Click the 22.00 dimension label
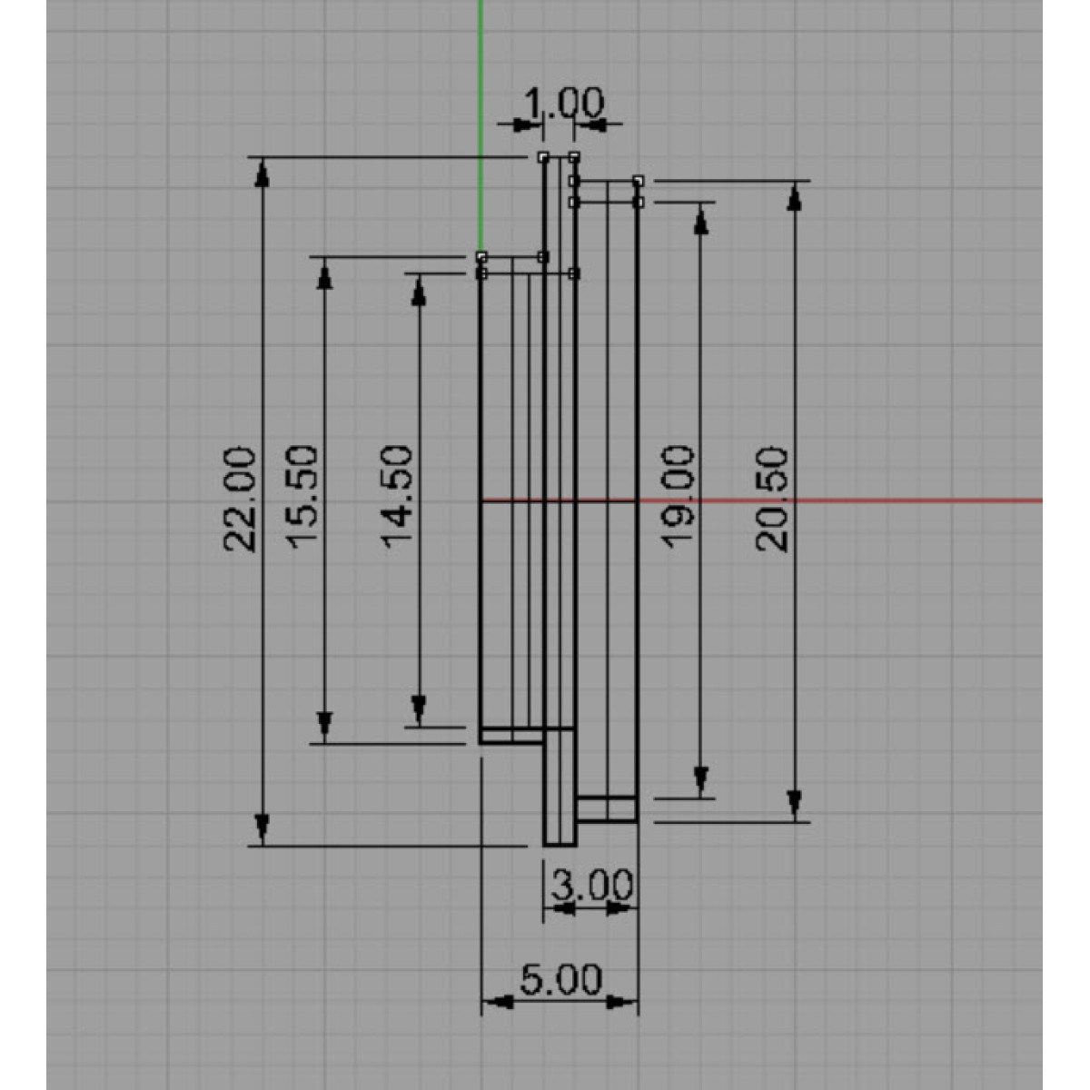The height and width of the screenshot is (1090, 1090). tap(239, 500)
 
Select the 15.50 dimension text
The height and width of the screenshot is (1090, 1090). tap(302, 497)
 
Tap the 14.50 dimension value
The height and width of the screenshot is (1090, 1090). tap(397, 497)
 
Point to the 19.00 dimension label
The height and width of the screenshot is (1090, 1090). tap(677, 497)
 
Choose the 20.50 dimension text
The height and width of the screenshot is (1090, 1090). tap(771, 500)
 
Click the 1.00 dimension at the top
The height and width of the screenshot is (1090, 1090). tap(564, 104)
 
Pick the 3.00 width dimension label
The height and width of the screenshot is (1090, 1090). tap(591, 886)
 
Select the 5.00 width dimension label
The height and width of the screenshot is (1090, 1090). tap(560, 980)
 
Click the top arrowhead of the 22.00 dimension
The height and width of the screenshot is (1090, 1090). tap(262, 173)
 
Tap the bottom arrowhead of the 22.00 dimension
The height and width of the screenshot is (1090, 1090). tap(262, 828)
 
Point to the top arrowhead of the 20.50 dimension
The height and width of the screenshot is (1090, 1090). tap(795, 198)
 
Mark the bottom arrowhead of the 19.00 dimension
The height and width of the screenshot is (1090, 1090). tap(701, 781)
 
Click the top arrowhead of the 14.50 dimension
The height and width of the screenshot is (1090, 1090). tap(419, 292)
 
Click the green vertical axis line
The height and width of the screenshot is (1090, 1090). tap(481, 126)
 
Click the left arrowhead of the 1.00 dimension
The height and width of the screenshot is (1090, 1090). tap(528, 125)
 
